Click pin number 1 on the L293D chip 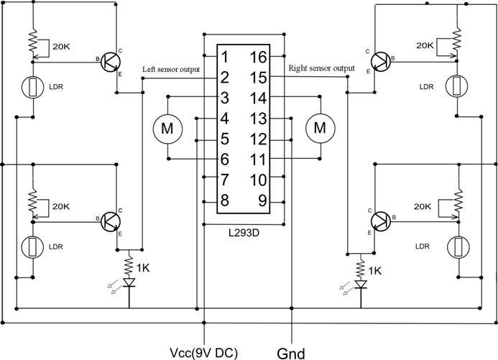[226, 56]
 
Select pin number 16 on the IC [259, 56]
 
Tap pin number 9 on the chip [262, 200]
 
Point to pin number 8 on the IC [226, 200]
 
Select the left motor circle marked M [167, 128]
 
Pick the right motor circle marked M [321, 128]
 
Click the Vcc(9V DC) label [203, 351]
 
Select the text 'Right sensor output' [321, 69]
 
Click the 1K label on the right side [374, 270]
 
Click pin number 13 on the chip [259, 118]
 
